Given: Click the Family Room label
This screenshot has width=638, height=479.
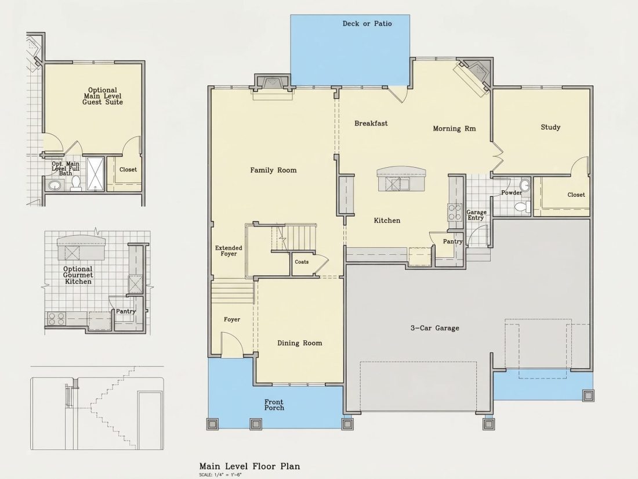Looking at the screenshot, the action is pyautogui.click(x=273, y=170).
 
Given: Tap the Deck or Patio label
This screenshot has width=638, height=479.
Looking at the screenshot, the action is pyautogui.click(x=367, y=24).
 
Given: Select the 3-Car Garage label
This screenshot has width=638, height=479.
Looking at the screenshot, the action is pyautogui.click(x=434, y=328).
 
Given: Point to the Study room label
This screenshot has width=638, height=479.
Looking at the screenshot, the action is pyautogui.click(x=550, y=127).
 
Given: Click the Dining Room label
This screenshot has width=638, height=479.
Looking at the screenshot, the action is pyautogui.click(x=299, y=343).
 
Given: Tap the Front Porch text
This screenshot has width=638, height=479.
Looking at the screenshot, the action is pyautogui.click(x=274, y=405).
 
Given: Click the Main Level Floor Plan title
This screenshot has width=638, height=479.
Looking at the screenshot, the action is pyautogui.click(x=249, y=466).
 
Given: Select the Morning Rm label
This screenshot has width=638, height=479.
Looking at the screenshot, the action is pyautogui.click(x=454, y=129).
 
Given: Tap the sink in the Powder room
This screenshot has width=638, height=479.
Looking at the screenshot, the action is pyautogui.click(x=525, y=185).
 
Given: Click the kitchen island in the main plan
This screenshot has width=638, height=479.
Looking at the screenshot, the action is pyautogui.click(x=401, y=178).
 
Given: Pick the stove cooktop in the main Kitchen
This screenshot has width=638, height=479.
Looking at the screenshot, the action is pyautogui.click(x=455, y=212).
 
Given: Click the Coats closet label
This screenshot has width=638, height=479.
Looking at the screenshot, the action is pyautogui.click(x=302, y=262).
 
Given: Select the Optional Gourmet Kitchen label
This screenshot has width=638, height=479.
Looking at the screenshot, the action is pyautogui.click(x=78, y=275).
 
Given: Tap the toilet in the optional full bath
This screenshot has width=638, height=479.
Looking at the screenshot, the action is pyautogui.click(x=76, y=183).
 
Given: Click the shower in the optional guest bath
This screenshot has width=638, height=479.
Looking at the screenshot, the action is pyautogui.click(x=95, y=174).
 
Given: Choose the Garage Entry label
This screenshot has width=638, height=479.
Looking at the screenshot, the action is pyautogui.click(x=476, y=215).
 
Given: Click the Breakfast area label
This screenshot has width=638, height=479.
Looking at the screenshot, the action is pyautogui.click(x=371, y=124).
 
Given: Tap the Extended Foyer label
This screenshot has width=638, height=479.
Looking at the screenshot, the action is pyautogui.click(x=229, y=250).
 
